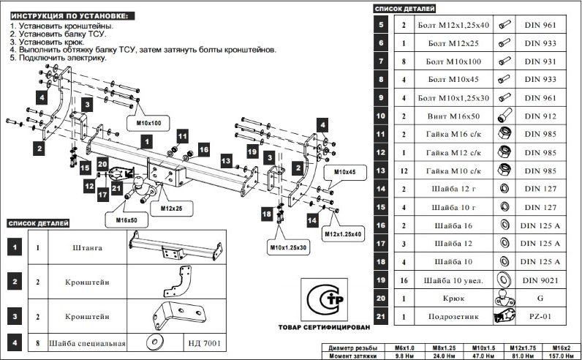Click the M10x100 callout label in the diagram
click(148, 122)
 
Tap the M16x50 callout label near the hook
click(126, 220)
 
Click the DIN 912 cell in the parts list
click(541, 116)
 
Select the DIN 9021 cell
click(541, 280)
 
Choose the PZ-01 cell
click(541, 318)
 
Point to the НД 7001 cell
click(203, 342)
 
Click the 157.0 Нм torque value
click(561, 356)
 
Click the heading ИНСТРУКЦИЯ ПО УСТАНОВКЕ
click(63, 15)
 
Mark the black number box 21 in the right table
click(381, 318)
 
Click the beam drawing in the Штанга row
click(174, 248)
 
